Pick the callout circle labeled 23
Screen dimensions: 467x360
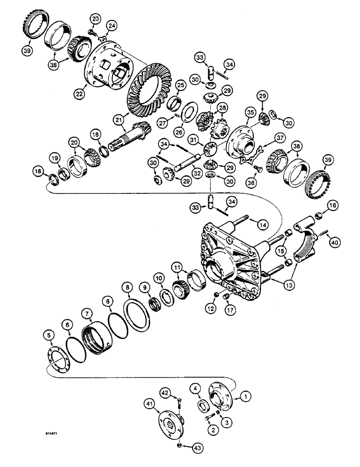click(95, 19)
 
